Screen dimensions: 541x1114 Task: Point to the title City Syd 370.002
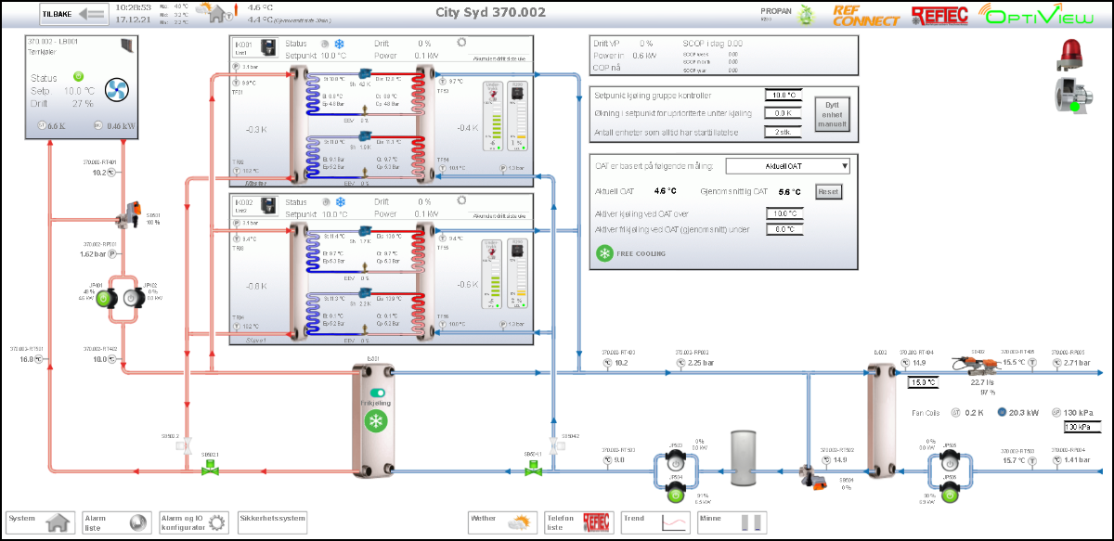tap(490, 12)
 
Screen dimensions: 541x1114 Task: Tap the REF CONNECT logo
tap(866, 15)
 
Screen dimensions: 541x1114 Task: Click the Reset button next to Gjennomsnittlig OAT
tap(827, 191)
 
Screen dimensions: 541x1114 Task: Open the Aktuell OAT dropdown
tap(787, 166)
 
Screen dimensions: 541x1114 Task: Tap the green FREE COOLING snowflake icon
tap(604, 253)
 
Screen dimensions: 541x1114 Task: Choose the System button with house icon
tap(40, 522)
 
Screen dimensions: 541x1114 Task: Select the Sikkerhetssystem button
tap(271, 518)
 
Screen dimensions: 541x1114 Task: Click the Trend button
tap(655, 522)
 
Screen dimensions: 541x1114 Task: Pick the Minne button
tap(732, 522)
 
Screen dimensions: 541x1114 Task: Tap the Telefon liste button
tap(576, 522)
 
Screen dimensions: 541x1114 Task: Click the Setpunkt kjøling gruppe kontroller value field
tap(782, 96)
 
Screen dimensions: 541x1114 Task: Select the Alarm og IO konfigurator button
tap(193, 522)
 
